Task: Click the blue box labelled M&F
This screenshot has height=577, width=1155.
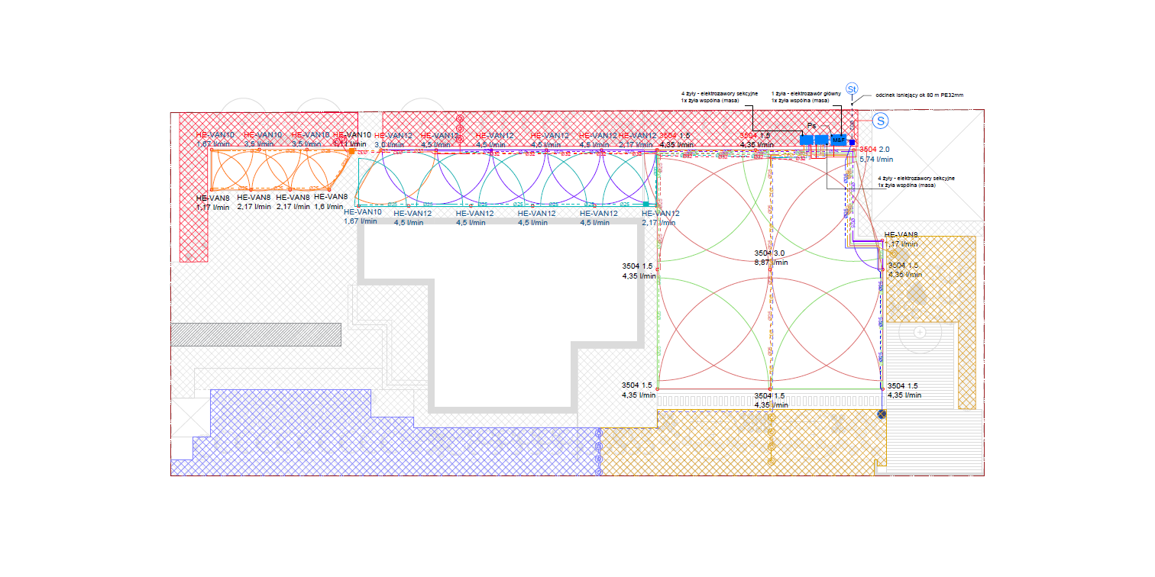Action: click(839, 140)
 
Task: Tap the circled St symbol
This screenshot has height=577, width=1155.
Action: click(852, 89)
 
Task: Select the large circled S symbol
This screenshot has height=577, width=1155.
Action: click(881, 121)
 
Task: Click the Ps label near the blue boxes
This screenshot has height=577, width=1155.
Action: click(812, 126)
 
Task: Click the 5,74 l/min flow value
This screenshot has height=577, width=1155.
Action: click(876, 160)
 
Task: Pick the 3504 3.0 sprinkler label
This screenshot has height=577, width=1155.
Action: click(770, 253)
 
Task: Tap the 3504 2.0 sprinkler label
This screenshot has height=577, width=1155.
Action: click(875, 150)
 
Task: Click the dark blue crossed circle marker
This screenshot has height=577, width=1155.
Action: click(882, 414)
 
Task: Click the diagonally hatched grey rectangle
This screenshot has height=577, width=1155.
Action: click(255, 334)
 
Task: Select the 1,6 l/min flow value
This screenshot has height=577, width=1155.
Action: click(330, 207)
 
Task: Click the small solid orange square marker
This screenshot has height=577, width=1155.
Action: click(351, 151)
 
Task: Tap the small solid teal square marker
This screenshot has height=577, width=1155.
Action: click(646, 204)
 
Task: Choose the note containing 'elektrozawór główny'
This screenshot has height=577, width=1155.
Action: click(806, 97)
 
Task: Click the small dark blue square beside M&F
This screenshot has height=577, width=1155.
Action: click(852, 142)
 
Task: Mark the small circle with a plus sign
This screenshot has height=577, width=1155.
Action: click(920, 333)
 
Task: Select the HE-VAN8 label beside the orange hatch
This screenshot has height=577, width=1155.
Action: click(901, 235)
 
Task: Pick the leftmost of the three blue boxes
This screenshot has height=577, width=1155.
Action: click(807, 140)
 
